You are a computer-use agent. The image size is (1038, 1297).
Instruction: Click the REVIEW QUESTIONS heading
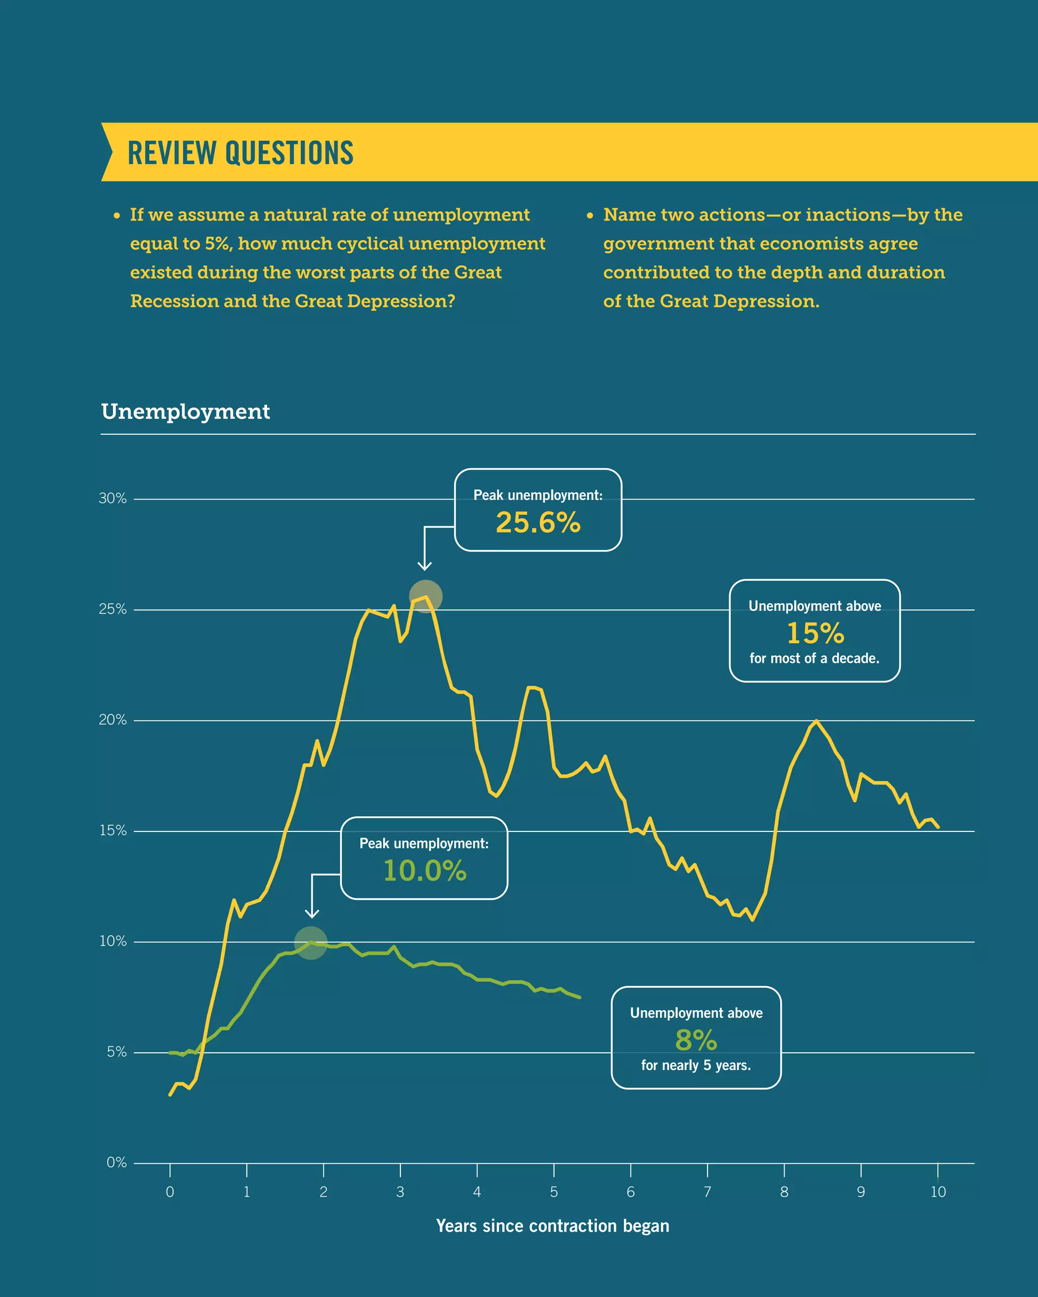240,153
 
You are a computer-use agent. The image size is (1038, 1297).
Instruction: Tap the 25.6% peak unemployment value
538,522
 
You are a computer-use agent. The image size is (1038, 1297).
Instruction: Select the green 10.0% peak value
424,870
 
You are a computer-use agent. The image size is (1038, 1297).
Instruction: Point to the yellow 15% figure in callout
815,633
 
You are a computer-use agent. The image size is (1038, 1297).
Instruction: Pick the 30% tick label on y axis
113,499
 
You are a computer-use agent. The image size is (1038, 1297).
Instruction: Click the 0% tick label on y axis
117,1163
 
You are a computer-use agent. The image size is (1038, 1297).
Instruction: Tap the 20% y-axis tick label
113,720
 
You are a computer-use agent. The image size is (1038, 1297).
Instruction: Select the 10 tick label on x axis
938,1192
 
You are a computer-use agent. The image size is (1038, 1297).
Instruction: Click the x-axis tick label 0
170,1192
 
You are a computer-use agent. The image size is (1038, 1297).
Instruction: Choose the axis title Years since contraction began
552,1226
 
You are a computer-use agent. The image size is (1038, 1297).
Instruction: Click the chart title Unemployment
186,411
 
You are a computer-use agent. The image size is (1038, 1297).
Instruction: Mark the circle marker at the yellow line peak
425,596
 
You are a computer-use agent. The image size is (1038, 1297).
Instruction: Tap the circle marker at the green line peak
311,942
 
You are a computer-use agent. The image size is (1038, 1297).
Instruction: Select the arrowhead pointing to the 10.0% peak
312,914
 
